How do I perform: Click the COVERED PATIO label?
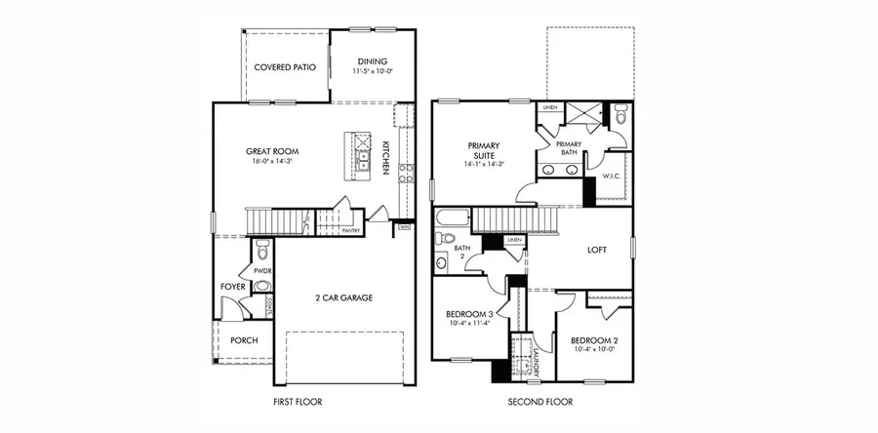click(285, 67)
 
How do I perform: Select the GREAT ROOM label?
click(271, 151)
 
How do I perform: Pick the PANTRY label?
click(352, 230)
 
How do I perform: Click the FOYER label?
click(232, 287)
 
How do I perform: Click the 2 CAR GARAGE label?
click(342, 297)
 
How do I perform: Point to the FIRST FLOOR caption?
click(298, 402)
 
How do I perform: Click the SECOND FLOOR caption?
click(539, 402)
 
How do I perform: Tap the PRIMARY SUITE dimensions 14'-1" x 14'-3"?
click(484, 165)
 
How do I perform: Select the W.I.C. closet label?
click(613, 177)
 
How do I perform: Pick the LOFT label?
click(596, 250)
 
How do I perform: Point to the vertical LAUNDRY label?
click(537, 359)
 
